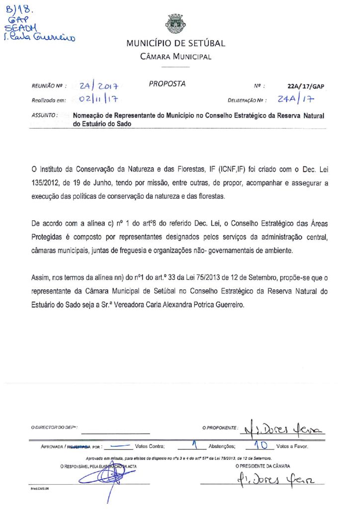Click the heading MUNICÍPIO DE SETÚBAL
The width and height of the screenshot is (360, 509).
176,43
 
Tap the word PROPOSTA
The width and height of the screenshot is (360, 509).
167,84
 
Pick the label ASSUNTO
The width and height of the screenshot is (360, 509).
44,115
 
